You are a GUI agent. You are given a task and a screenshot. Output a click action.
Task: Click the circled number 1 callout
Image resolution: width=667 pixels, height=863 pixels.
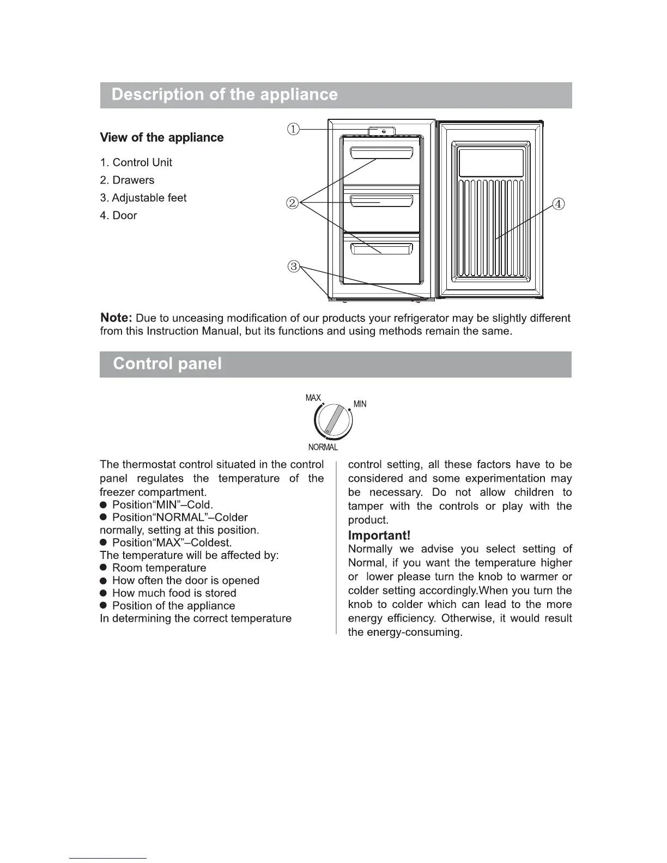[294, 129]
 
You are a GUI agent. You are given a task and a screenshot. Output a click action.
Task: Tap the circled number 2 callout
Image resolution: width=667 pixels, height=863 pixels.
[293, 203]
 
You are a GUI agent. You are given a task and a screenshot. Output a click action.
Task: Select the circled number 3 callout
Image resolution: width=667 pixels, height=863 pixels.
[294, 266]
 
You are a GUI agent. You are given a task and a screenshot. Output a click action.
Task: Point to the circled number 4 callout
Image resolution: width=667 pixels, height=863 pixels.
[559, 204]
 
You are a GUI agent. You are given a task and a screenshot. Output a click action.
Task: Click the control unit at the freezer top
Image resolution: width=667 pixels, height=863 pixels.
[381, 131]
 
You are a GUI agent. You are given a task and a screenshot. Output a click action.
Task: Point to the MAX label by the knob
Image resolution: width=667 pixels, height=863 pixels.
[313, 398]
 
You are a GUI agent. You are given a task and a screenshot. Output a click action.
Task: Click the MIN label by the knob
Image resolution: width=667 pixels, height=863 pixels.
[360, 404]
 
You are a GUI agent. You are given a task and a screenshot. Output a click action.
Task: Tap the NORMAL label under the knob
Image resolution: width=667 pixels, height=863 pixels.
[323, 447]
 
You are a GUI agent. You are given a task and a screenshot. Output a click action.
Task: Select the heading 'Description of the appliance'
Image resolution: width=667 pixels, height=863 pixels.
[225, 95]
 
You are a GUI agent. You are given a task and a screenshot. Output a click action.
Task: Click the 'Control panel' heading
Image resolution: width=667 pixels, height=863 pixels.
[167, 363]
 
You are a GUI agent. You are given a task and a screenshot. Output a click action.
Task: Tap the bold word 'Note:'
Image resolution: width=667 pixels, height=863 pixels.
[117, 318]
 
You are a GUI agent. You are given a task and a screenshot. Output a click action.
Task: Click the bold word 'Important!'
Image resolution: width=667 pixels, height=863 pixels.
[379, 536]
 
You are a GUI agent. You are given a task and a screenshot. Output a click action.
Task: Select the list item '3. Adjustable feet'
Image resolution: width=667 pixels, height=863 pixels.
[143, 198]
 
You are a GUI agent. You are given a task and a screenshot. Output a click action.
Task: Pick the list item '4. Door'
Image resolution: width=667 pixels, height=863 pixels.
[119, 215]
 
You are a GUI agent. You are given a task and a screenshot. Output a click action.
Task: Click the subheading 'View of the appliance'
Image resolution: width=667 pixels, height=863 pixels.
[162, 137]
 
